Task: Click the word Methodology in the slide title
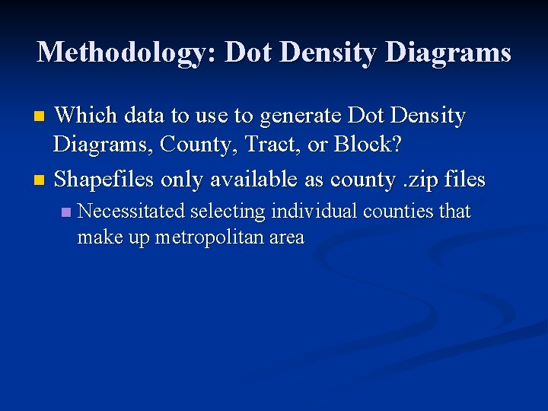tap(126, 52)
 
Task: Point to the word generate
tap(301, 116)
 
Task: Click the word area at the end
tap(286, 237)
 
